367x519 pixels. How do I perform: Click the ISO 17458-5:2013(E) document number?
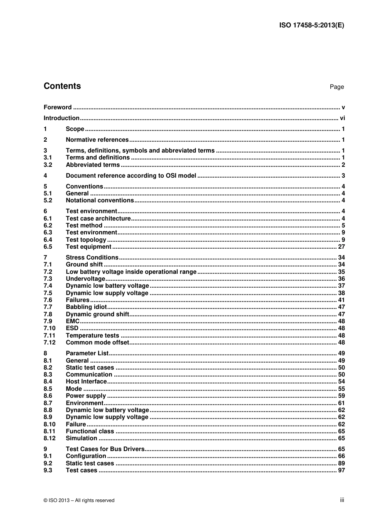tap(311, 25)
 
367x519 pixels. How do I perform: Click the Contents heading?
tap(62, 86)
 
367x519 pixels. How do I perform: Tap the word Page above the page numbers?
tap(336, 87)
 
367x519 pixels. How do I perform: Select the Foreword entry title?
tap(58, 107)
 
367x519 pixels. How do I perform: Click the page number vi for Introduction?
tap(342, 118)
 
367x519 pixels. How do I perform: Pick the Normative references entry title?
tap(97, 140)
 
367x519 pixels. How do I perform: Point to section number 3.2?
tap(48, 165)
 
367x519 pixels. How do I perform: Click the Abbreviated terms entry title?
tap(93, 165)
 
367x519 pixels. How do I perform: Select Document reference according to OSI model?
tap(131, 176)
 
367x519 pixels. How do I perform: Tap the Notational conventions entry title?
tap(100, 200)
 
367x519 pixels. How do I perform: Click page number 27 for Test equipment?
tap(341, 247)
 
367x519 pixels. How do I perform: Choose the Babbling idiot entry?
tap(86, 307)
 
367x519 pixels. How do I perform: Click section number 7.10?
tap(49, 328)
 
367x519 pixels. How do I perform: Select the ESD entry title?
tap(72, 328)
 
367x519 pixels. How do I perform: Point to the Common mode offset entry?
tap(97, 343)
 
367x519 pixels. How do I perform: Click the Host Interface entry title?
tap(86, 382)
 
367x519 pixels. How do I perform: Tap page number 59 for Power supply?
tap(341, 396)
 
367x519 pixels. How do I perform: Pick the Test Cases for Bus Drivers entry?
tap(105, 449)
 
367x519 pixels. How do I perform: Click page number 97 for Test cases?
tap(341, 470)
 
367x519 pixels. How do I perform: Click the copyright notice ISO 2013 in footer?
tap(79, 500)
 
